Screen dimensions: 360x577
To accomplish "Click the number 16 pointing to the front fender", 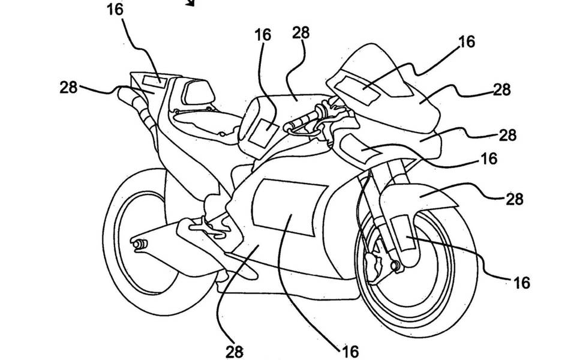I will pyautogui.click(x=522, y=281).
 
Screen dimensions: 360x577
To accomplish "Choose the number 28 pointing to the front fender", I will pyautogui.click(x=514, y=197).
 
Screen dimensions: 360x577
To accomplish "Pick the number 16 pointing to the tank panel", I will pyautogui.click(x=262, y=35).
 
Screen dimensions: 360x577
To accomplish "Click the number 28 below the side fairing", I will pyautogui.click(x=233, y=350).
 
